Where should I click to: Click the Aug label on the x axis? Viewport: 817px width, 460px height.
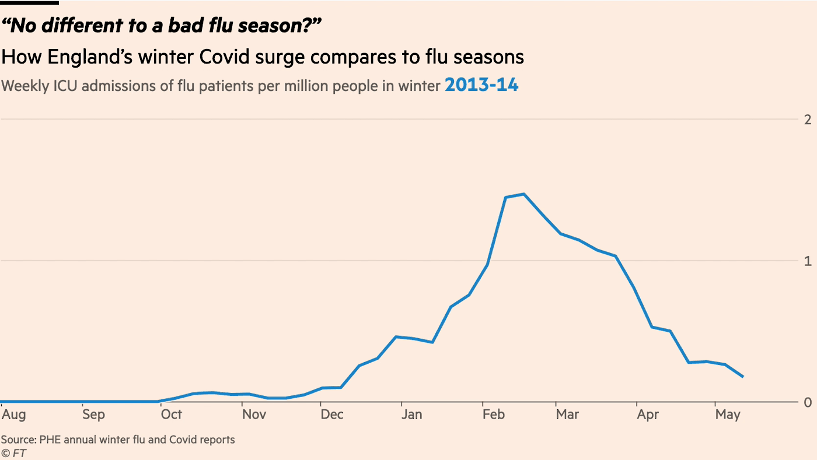[14, 415]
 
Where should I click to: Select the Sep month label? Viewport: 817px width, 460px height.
[93, 415]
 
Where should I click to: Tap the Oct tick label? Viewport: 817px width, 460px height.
[172, 415]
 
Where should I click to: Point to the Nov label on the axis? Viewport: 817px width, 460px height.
[254, 415]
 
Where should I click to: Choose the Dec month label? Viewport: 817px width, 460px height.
[332, 415]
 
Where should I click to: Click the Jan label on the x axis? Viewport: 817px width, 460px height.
[412, 415]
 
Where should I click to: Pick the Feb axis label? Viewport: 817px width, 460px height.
[493, 415]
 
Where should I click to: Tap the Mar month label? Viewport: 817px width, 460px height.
[567, 415]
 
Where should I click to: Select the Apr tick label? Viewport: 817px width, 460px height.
[648, 415]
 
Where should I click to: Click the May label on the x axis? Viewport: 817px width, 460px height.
[728, 415]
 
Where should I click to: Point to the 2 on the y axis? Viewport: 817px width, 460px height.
[808, 120]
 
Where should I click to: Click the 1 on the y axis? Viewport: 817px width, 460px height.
[808, 261]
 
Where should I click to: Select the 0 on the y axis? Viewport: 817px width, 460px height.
[808, 402]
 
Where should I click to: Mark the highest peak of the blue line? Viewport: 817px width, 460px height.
[523, 194]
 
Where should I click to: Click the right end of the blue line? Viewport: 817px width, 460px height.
[742, 377]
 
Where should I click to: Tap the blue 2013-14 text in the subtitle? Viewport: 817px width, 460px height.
[481, 85]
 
